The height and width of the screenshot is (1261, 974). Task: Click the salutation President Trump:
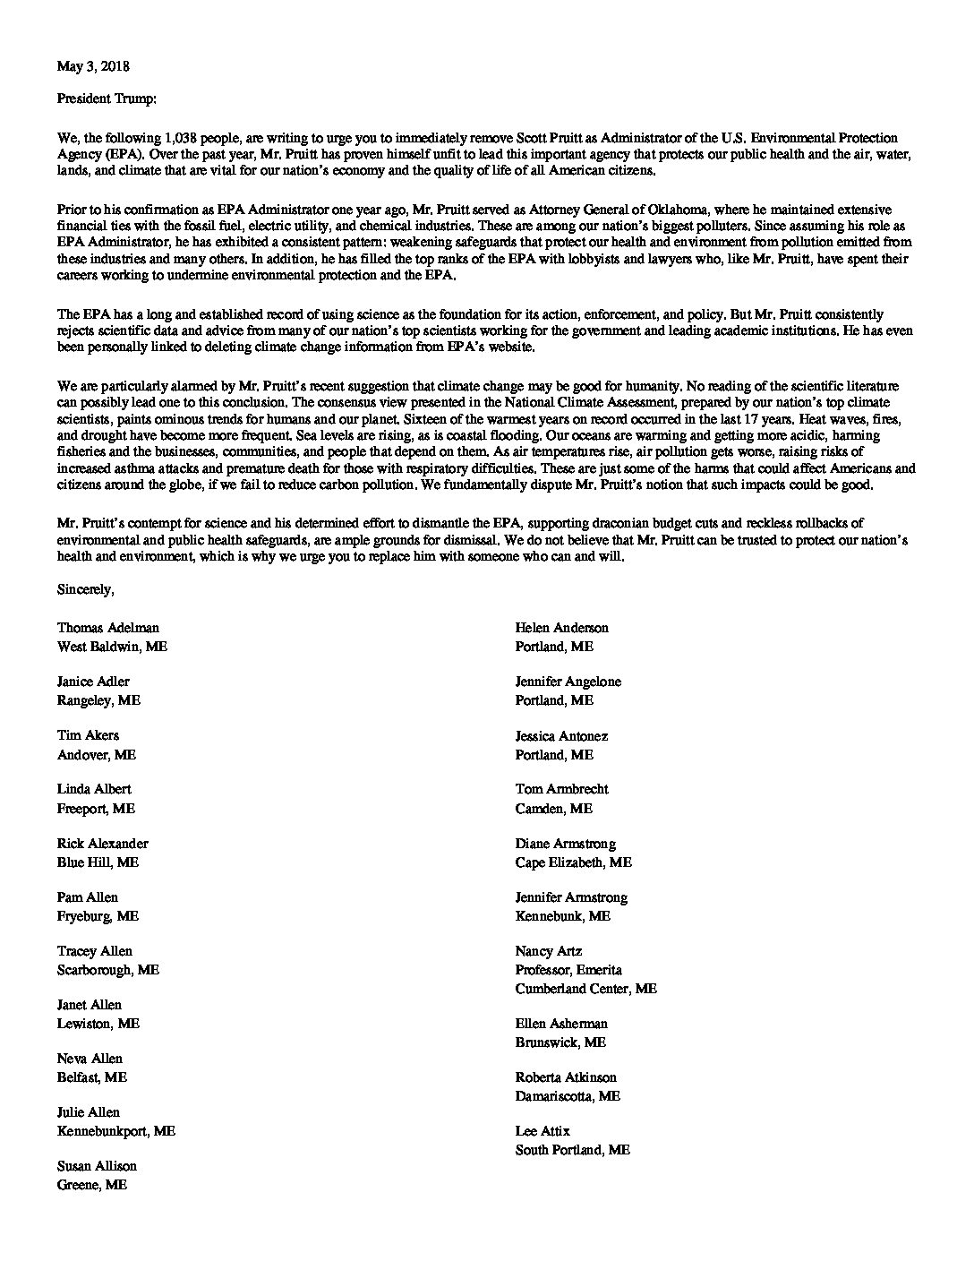[107, 99]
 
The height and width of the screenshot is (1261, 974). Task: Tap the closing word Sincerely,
[86, 589]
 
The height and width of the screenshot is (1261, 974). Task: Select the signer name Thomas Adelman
[108, 628]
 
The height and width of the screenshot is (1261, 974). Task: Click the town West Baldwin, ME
[112, 647]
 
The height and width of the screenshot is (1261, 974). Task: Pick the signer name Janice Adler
[93, 682]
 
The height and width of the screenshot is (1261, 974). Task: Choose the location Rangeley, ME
[98, 700]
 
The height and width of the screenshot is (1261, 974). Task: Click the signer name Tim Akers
[88, 735]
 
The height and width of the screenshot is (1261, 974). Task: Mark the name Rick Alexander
[102, 844]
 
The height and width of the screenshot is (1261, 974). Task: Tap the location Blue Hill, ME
[98, 862]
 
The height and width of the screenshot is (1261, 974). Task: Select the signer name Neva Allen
[90, 1059]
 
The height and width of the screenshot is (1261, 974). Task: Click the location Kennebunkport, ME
[116, 1131]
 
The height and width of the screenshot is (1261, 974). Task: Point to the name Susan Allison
[97, 1166]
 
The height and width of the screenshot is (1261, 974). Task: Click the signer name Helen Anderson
[561, 628]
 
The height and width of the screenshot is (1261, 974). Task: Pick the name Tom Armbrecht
[561, 789]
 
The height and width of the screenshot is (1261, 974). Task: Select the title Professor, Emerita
[568, 970]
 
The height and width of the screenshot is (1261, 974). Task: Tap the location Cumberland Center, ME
[585, 989]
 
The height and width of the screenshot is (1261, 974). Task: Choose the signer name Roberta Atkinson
[566, 1077]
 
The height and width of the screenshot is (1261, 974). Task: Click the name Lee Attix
[543, 1131]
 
